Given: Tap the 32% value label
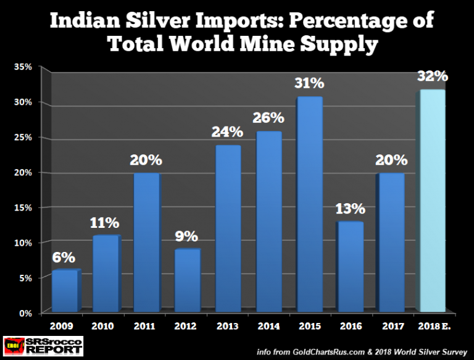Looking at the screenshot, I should [431, 77].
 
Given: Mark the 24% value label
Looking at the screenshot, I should [228, 133].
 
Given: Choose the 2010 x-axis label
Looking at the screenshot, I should [104, 325].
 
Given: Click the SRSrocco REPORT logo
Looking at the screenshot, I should [42, 346].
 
